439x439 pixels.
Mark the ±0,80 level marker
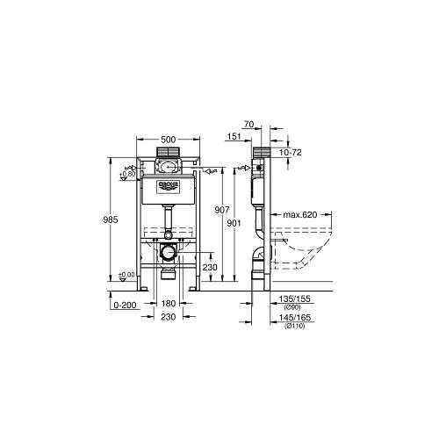click(x=128, y=175)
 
